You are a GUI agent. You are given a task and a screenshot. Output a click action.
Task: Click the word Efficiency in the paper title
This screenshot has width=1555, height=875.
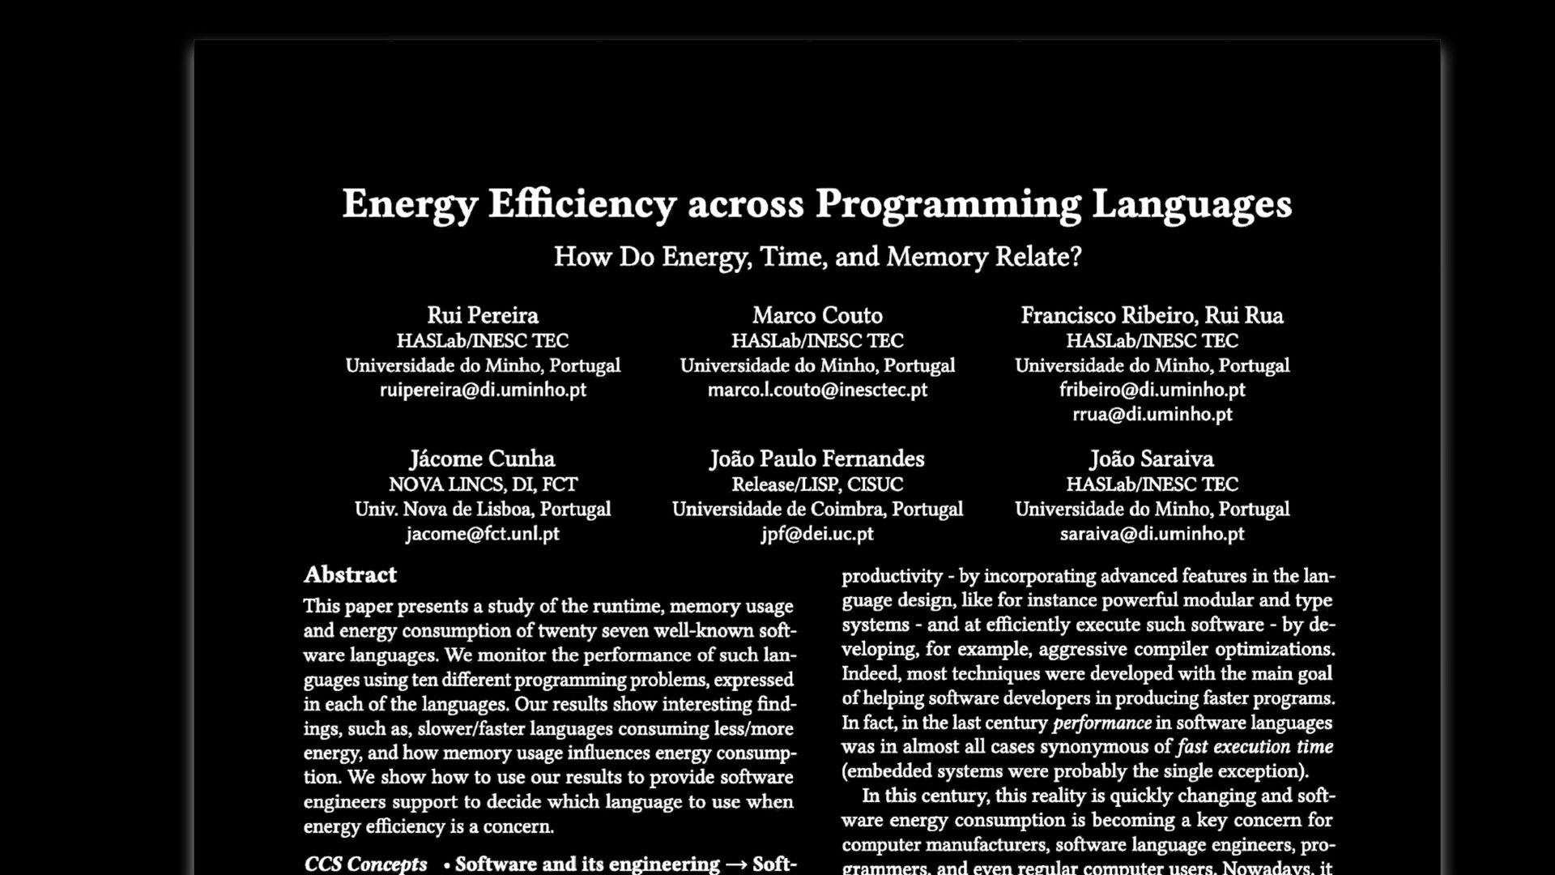pyautogui.click(x=582, y=203)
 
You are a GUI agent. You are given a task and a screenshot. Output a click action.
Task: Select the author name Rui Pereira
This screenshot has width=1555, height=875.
pyautogui.click(x=483, y=315)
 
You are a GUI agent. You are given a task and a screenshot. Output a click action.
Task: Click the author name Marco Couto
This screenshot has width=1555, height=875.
pyautogui.click(x=817, y=315)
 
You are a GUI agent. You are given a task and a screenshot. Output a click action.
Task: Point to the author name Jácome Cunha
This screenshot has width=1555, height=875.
pyautogui.click(x=482, y=459)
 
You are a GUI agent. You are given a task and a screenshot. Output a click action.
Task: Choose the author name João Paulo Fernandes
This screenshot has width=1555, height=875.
pyautogui.click(x=817, y=459)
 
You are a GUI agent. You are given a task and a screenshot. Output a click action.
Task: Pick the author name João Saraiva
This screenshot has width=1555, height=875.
pyautogui.click(x=1152, y=459)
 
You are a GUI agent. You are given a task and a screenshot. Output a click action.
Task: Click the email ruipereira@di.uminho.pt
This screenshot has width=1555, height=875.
pyautogui.click(x=483, y=390)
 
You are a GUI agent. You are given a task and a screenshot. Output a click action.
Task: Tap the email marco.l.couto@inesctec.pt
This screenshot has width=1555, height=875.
pyautogui.click(x=817, y=390)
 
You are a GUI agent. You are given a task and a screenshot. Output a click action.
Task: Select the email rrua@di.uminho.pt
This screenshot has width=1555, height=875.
pyautogui.click(x=1152, y=414)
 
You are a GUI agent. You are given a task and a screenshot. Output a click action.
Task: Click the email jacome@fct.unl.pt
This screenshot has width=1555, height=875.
pyautogui.click(x=482, y=534)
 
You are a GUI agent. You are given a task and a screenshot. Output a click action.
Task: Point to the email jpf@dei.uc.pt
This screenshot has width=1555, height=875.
pyautogui.click(x=817, y=534)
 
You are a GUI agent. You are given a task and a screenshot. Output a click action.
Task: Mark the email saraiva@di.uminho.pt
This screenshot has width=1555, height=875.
pyautogui.click(x=1152, y=534)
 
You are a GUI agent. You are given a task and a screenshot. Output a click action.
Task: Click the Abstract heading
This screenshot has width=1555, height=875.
pyautogui.click(x=350, y=575)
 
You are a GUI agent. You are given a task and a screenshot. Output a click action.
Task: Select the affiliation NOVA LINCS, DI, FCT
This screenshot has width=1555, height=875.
pyautogui.click(x=483, y=484)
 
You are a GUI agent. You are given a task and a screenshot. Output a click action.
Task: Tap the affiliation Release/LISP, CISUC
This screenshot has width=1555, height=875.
pyautogui.click(x=817, y=484)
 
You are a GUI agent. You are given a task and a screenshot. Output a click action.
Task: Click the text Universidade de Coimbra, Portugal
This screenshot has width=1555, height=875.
pyautogui.click(x=817, y=510)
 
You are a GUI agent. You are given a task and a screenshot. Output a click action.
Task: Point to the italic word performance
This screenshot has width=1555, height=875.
pyautogui.click(x=1101, y=723)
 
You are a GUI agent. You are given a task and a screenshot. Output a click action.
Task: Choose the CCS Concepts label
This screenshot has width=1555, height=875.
pyautogui.click(x=365, y=864)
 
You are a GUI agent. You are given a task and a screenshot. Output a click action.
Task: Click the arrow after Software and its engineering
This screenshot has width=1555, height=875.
pyautogui.click(x=736, y=864)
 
